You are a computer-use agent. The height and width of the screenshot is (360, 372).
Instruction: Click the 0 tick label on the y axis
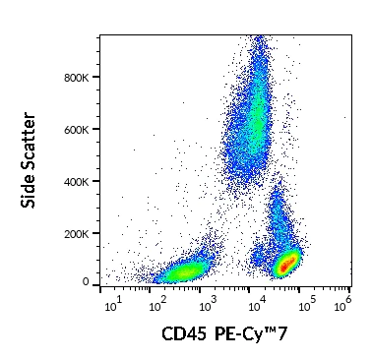point(87,282)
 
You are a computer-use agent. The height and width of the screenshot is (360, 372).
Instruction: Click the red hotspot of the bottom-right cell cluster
point(286,265)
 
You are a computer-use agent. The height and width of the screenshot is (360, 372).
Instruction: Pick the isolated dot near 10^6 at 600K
point(345,116)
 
